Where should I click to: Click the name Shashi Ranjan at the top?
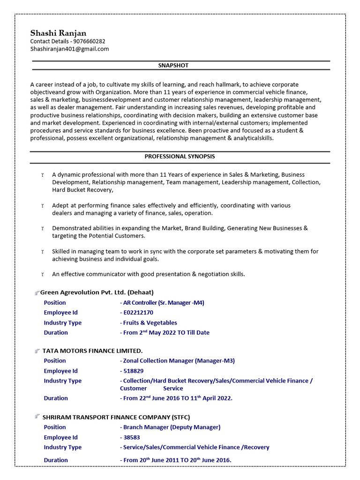pyautogui.click(x=58, y=33)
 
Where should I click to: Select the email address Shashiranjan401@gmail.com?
pyautogui.click(x=69, y=49)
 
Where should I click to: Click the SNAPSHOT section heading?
pyautogui.click(x=173, y=66)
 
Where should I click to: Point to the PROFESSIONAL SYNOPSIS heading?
pyautogui.click(x=180, y=156)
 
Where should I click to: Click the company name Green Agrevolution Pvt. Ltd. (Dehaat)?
pyautogui.click(x=97, y=292)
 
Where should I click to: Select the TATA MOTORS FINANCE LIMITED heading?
pyautogui.click(x=92, y=351)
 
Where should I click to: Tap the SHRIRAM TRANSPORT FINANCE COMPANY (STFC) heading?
pyautogui.click(x=116, y=417)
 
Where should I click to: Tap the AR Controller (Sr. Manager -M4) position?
pyautogui.click(x=163, y=303)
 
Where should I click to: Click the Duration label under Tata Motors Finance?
pyautogui.click(x=56, y=398)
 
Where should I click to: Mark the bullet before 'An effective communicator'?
pyautogui.click(x=42, y=274)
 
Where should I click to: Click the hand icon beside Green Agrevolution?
pyautogui.click(x=37, y=292)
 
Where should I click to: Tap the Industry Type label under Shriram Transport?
pyautogui.click(x=62, y=447)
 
